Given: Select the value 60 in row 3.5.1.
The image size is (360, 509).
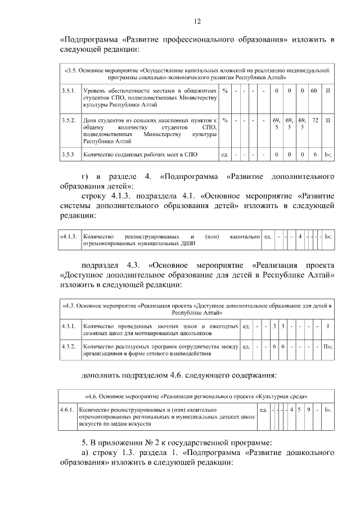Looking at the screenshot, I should point(314,91).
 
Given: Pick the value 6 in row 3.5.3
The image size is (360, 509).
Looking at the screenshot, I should point(315,154).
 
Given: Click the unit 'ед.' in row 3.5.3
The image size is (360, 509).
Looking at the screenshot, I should point(224,154).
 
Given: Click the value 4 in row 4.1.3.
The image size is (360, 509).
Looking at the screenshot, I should point(300,236).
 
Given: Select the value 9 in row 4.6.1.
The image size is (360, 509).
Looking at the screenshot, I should point(309,410).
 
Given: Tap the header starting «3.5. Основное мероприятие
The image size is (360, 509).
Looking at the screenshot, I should point(197,73).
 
